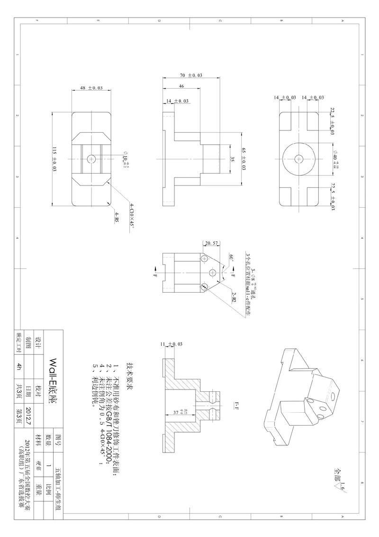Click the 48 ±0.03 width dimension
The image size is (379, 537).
(x=90, y=88)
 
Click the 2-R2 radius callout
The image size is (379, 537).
(x=233, y=297)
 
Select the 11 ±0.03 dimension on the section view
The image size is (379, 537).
(x=171, y=343)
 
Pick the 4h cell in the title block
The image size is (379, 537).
(x=19, y=366)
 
